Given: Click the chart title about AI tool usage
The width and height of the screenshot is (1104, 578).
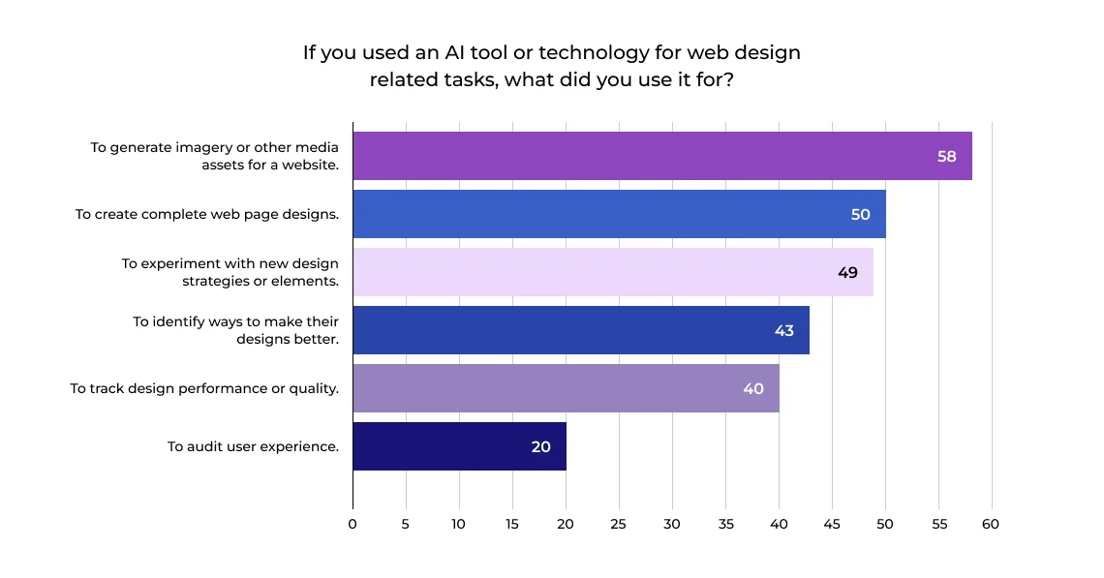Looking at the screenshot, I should coord(551,66).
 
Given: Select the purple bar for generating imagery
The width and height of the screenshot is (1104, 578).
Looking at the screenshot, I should coord(639,156).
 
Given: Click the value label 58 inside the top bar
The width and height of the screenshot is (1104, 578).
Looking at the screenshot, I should coord(946,157).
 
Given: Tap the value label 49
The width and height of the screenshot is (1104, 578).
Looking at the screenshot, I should coord(847,273).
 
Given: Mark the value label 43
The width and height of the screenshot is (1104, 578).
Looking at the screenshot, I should coord(783,331).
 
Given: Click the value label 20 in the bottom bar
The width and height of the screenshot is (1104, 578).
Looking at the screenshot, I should coord(540,447).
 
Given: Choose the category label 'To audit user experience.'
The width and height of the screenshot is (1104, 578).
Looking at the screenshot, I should coord(253,446).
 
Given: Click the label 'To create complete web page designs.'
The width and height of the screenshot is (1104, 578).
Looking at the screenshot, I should coord(207,214).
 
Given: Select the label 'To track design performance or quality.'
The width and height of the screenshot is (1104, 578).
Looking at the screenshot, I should coord(204,388).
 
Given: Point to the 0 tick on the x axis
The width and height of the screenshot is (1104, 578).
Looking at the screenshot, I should coord(353,524).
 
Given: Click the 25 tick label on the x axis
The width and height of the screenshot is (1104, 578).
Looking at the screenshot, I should coord(619,524).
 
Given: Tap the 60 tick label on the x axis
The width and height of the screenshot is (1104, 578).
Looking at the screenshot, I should coord(990,524).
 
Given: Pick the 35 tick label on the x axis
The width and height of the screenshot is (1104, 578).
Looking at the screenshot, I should coord(725,524).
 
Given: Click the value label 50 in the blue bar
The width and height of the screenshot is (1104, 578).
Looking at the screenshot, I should coord(860,215).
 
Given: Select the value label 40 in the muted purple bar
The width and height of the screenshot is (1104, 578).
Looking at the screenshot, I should coord(753,389).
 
